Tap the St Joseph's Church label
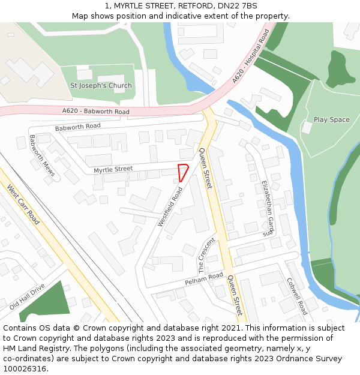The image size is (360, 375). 101,86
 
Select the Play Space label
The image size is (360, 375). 331,120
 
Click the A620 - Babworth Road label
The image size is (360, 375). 96,112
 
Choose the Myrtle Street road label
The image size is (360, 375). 113,170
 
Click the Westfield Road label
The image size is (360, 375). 170,206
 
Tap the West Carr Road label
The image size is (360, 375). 23,205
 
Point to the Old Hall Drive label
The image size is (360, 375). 27,296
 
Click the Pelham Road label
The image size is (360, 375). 204,280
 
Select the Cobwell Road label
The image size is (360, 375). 296,296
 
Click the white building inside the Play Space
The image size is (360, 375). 307,128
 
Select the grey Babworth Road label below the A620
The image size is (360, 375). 77,127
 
